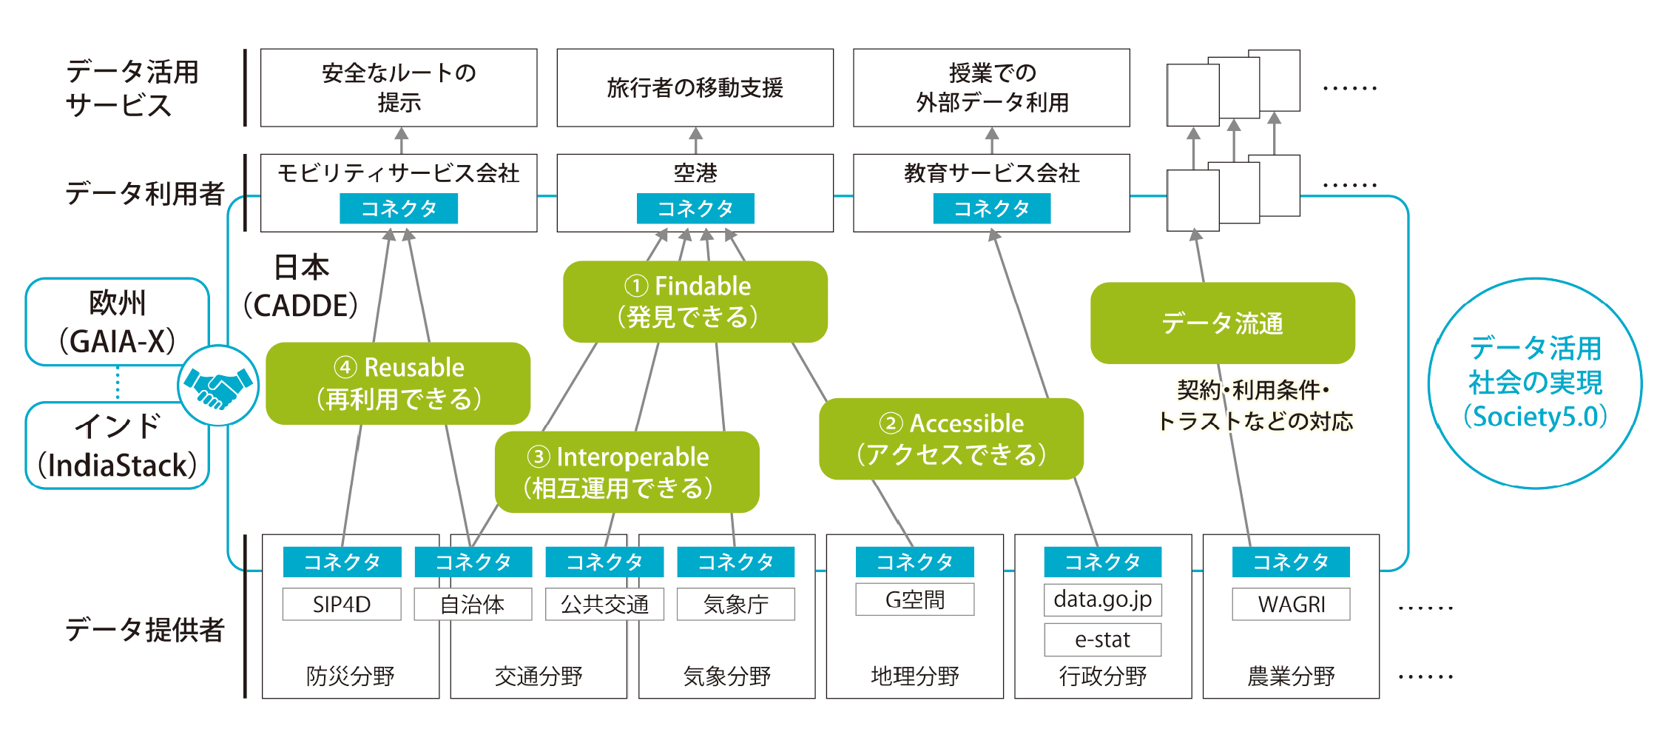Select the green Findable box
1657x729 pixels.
[x=695, y=301]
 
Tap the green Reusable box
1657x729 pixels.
[x=398, y=383]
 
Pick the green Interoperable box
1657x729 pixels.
[x=627, y=472]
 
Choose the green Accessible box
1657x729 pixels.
[x=951, y=439]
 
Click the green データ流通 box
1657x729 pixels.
[x=1222, y=323]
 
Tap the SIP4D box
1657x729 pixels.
[x=342, y=604]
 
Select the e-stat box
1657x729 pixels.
[x=1102, y=639]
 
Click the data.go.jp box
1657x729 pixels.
[x=1102, y=599]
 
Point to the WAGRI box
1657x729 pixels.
[x=1291, y=604]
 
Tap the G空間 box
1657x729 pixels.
[x=914, y=599]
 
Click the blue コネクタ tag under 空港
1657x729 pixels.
[x=695, y=209]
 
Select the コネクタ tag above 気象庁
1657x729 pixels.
[x=735, y=562]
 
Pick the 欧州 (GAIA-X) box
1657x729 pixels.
[x=117, y=322]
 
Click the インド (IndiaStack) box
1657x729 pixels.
[x=117, y=446]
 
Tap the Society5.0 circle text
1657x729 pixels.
[x=1535, y=383]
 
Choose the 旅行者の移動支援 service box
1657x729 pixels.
[x=695, y=87]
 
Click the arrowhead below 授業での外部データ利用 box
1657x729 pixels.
[x=992, y=134]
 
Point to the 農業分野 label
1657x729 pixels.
[x=1291, y=676]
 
